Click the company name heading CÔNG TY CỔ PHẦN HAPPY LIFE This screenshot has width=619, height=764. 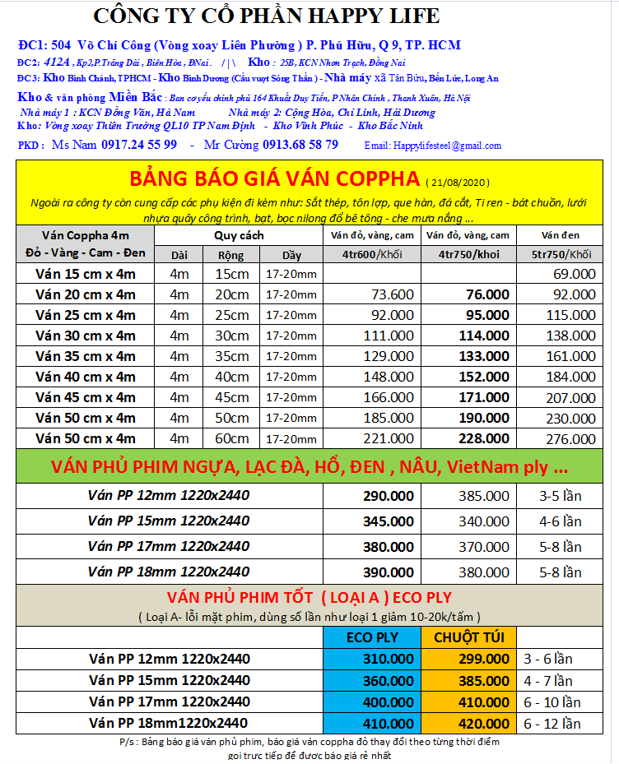coord(266,16)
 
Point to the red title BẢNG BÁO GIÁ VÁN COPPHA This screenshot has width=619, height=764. coord(276,178)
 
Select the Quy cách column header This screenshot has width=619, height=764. coord(239,235)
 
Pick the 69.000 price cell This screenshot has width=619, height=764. coord(574,274)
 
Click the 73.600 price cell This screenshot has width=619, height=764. coord(393,294)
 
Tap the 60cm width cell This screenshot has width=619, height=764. coord(231,438)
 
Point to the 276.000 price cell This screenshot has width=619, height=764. coord(570,438)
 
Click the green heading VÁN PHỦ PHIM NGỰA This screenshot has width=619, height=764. coord(309,467)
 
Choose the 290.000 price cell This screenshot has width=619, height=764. coord(389,496)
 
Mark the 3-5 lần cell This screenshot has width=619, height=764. coord(561,496)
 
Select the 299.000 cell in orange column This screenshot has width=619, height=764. coord(486,659)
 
